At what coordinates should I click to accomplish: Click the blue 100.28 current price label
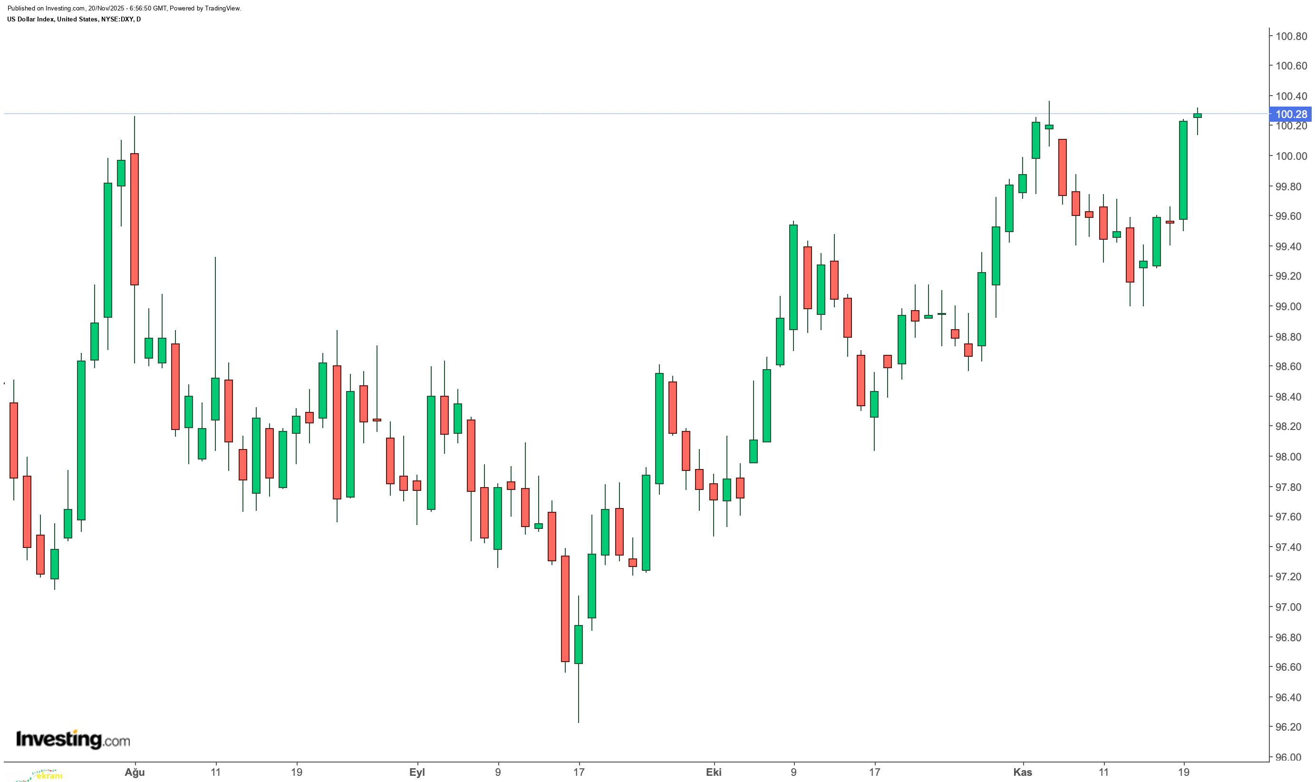point(1291,114)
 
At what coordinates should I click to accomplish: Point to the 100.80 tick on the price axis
point(1291,36)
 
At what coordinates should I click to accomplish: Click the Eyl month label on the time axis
point(417,772)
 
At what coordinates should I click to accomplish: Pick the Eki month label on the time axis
point(714,772)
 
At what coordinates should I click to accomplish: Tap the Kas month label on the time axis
point(1023,772)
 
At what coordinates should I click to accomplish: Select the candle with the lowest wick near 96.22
point(578,644)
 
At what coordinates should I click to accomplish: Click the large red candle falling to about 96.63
point(565,609)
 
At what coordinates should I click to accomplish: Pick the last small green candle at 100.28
point(1198,116)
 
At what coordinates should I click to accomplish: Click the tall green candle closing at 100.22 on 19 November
point(1183,170)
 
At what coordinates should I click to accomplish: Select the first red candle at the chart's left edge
point(14,440)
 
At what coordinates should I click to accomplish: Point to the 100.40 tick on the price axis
point(1291,96)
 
